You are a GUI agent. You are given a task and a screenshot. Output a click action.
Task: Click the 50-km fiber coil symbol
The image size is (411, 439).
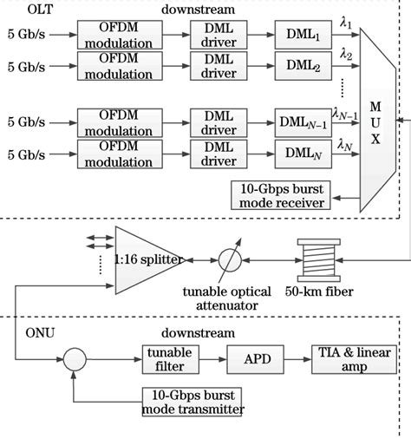pyautogui.click(x=310, y=259)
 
